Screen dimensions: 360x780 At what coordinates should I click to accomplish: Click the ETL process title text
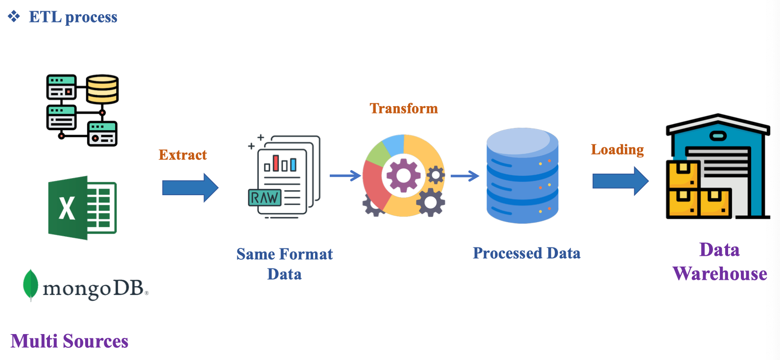(73, 17)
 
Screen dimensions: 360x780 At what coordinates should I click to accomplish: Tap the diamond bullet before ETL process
(14, 17)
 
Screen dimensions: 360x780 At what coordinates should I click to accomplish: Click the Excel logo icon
(82, 208)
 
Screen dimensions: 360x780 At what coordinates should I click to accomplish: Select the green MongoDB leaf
(30, 284)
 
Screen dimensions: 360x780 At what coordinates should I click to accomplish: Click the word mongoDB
(93, 289)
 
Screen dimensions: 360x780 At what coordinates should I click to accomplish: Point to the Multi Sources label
(69, 341)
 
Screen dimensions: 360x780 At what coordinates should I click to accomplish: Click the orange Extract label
(183, 155)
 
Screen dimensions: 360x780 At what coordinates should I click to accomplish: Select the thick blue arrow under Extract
(190, 187)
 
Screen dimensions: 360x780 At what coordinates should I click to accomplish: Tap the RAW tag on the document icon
(265, 198)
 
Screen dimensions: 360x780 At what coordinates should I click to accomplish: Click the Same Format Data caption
(284, 264)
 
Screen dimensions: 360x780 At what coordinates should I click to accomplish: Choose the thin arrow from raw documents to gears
(345, 176)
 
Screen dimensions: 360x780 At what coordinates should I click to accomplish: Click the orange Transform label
(404, 108)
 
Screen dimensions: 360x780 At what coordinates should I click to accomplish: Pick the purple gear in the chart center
(403, 175)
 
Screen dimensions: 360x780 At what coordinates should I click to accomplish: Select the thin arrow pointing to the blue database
(464, 176)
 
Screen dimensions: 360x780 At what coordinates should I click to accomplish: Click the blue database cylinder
(522, 176)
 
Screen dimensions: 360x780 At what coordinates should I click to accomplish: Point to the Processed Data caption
(527, 253)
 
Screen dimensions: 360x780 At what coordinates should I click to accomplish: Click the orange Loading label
(617, 150)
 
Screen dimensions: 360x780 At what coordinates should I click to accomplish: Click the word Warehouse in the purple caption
(720, 274)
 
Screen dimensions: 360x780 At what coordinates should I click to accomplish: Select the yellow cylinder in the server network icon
(103, 89)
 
